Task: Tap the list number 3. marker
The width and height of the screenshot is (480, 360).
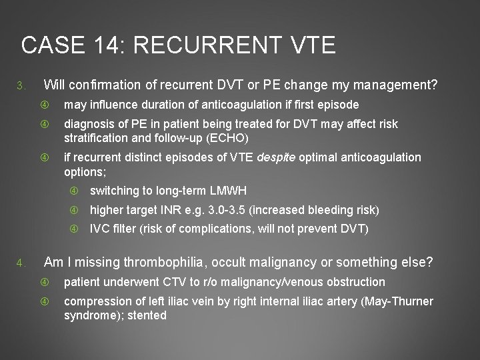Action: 21,86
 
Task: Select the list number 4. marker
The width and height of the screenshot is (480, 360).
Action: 21,261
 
